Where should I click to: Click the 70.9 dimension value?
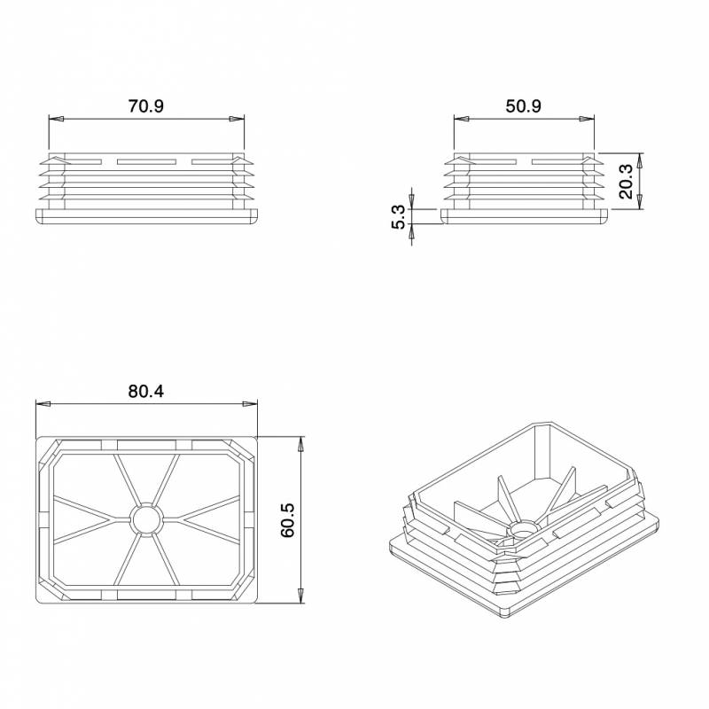[146, 105]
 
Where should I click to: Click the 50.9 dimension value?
[523, 105]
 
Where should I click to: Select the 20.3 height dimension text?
[626, 182]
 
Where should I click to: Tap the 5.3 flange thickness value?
[398, 217]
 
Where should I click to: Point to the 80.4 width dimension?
[146, 391]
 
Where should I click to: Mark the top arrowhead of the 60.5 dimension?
[301, 443]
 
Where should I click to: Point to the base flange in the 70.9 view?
[146, 217]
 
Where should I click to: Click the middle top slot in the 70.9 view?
[146, 161]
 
